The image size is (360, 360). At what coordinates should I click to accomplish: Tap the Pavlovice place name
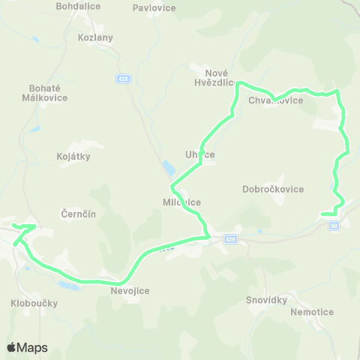pyautogui.click(x=154, y=8)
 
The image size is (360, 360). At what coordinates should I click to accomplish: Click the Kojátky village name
pyautogui.click(x=73, y=156)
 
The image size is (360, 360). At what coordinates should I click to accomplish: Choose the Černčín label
pyautogui.click(x=78, y=214)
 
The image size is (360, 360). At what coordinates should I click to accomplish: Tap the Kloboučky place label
pyautogui.click(x=34, y=303)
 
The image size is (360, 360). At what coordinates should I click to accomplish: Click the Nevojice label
pyautogui.click(x=130, y=290)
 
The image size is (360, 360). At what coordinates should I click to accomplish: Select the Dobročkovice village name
pyautogui.click(x=273, y=189)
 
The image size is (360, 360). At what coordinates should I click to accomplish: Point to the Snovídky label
pyautogui.click(x=267, y=300)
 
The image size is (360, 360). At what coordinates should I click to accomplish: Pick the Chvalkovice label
pyautogui.click(x=280, y=100)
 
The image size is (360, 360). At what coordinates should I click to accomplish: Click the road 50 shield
pyautogui.click(x=334, y=225)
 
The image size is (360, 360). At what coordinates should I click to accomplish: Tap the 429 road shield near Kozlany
pyautogui.click(x=122, y=78)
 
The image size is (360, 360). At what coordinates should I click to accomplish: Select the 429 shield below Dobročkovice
pyautogui.click(x=229, y=239)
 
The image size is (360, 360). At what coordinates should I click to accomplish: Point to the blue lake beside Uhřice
pyautogui.click(x=166, y=167)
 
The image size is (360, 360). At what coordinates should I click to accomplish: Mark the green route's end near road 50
pyautogui.click(x=323, y=214)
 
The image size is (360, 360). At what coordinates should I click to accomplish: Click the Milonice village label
pyautogui.click(x=182, y=202)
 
